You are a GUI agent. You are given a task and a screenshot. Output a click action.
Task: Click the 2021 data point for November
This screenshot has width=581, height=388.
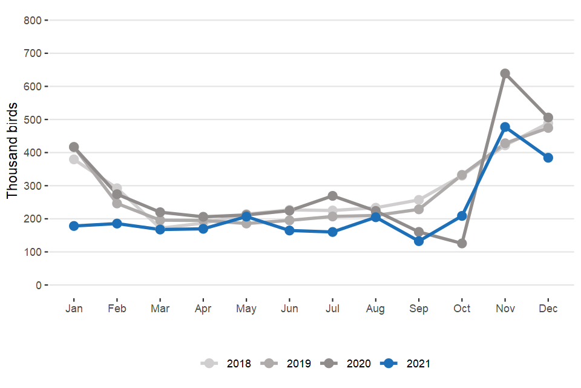505,127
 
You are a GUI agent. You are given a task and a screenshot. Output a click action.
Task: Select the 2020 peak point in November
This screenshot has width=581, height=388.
505,74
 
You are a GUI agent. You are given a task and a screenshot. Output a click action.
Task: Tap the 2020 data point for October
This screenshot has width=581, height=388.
462,244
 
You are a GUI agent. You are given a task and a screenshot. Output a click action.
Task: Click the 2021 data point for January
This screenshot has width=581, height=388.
74,226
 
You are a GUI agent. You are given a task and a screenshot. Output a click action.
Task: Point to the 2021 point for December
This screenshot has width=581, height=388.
548,158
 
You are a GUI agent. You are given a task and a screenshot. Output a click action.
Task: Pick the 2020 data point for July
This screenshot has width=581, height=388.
332,196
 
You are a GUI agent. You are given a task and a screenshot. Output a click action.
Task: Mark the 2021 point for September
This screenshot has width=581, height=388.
419,241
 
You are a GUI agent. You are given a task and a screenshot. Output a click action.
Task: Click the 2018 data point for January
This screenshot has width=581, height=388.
74,159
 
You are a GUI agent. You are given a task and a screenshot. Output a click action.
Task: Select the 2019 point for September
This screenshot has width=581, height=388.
419,210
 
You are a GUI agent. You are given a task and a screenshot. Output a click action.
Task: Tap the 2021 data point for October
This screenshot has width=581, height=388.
462,216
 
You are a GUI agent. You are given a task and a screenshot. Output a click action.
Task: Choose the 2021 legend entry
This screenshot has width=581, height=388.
406,364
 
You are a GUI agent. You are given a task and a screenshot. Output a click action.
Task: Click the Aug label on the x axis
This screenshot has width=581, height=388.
375,309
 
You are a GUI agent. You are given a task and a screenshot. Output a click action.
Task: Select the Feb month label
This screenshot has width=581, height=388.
117,309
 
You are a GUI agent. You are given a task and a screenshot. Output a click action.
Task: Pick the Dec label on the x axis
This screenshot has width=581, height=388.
548,309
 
